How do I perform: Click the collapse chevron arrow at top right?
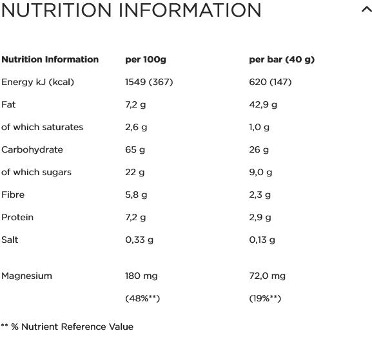[x=367, y=10]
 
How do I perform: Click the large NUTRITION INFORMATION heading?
[x=131, y=10]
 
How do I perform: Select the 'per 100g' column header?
[x=146, y=59]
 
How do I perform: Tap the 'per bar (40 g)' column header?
[x=282, y=59]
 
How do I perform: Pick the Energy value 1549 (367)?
[x=149, y=82]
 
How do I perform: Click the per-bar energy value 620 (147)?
[x=270, y=82]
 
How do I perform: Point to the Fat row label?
[x=8, y=104]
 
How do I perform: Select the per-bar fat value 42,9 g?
[x=263, y=105]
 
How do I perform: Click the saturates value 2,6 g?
[x=136, y=128]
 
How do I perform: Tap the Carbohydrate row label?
[x=32, y=149]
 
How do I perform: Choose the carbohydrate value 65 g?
[x=135, y=150]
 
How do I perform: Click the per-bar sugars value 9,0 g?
[x=260, y=173]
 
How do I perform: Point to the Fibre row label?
[x=13, y=194]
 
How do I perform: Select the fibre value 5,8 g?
[x=136, y=195]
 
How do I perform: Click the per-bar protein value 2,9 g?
[x=260, y=217]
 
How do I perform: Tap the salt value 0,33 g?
[x=139, y=240]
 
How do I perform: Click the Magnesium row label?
[x=26, y=276]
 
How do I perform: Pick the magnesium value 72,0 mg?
[x=268, y=276]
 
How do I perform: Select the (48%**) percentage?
[x=142, y=298]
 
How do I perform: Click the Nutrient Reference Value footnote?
[x=67, y=327]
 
